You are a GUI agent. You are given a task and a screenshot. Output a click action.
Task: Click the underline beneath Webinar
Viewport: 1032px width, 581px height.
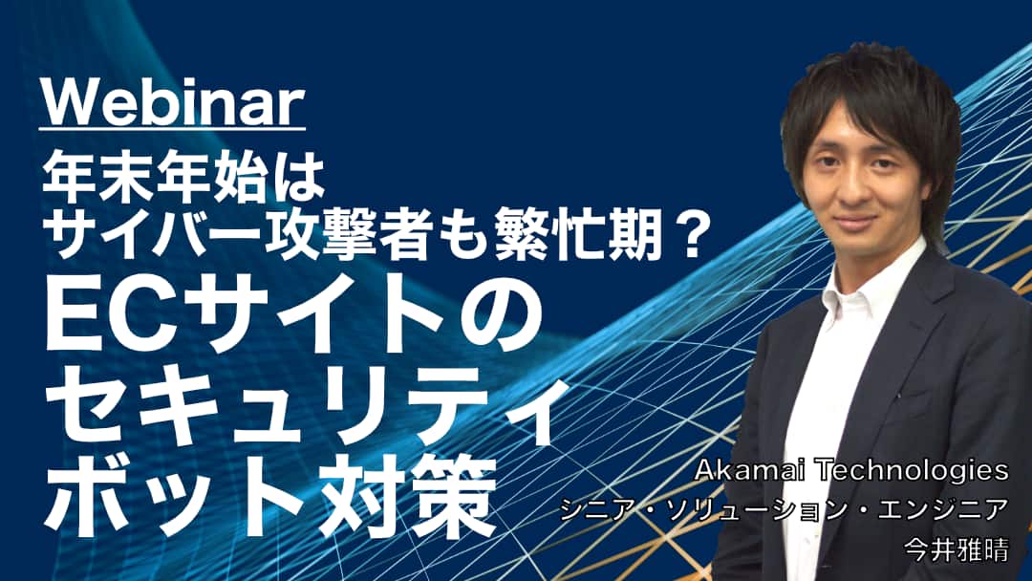pos(173,128)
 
